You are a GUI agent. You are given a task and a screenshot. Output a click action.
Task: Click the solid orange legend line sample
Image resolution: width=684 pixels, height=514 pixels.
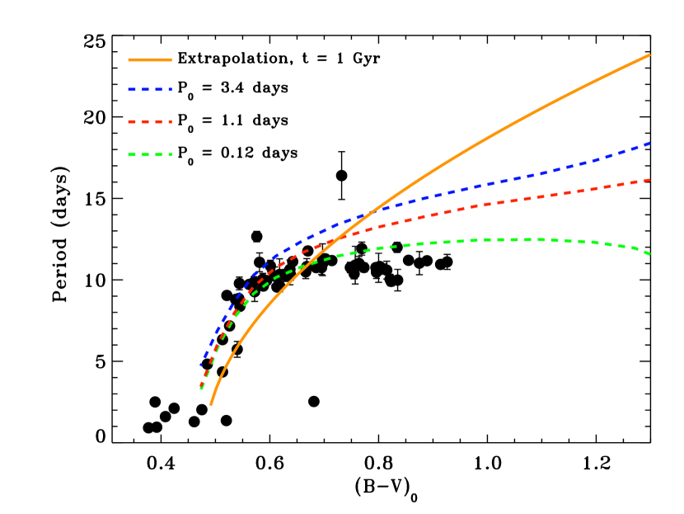[150, 59]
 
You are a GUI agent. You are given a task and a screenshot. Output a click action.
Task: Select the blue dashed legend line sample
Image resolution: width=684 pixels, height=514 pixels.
[150, 89]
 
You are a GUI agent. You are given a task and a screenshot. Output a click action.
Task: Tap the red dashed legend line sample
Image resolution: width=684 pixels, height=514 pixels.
[150, 121]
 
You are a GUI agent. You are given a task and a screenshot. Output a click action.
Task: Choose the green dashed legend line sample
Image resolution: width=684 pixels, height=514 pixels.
[150, 154]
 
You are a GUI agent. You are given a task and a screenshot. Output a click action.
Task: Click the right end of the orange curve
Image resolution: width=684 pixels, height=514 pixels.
[649, 55]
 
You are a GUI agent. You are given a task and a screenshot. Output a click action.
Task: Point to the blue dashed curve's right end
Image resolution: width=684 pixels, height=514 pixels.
[649, 144]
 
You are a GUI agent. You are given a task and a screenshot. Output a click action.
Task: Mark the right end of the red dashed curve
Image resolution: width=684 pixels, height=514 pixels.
[649, 180]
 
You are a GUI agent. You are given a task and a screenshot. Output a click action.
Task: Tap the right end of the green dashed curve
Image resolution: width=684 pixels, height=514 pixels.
[649, 254]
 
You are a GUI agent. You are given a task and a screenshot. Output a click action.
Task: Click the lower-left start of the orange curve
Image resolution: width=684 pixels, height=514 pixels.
[211, 405]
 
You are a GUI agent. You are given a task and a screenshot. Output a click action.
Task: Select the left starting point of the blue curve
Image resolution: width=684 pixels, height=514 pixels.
[201, 364]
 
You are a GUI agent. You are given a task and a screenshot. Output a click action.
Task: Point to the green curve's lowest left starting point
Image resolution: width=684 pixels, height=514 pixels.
[201, 389]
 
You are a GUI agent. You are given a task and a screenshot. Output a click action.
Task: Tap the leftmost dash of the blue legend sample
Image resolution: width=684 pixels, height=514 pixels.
[132, 89]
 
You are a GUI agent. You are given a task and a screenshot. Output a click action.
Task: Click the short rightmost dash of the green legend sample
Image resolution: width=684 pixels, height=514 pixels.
[169, 154]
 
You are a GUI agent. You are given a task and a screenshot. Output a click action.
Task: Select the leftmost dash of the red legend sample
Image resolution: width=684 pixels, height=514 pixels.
[132, 121]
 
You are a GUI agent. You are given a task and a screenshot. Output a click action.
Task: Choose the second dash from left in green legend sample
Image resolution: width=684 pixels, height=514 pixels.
[146, 154]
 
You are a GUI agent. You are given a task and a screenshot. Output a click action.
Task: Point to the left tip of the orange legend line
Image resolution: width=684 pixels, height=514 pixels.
[129, 59]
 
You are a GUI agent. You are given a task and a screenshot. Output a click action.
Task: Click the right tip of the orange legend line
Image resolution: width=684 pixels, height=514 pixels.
[171, 59]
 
